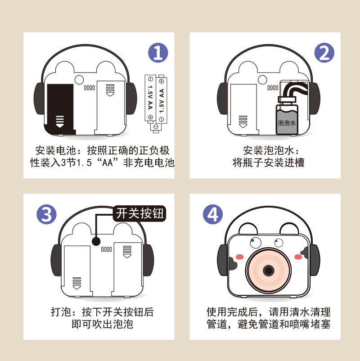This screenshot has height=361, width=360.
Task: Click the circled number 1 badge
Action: (158, 53)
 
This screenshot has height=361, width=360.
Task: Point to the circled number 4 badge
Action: (213, 214)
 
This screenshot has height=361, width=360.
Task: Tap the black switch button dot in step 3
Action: (96, 241)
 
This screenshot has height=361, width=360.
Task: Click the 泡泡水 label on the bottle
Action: (287, 122)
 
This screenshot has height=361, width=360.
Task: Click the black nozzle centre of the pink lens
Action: (269, 271)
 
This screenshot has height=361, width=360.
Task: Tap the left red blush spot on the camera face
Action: (240, 257)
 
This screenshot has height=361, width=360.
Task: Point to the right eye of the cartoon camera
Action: (279, 242)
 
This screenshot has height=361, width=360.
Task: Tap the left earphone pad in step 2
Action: (222, 97)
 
